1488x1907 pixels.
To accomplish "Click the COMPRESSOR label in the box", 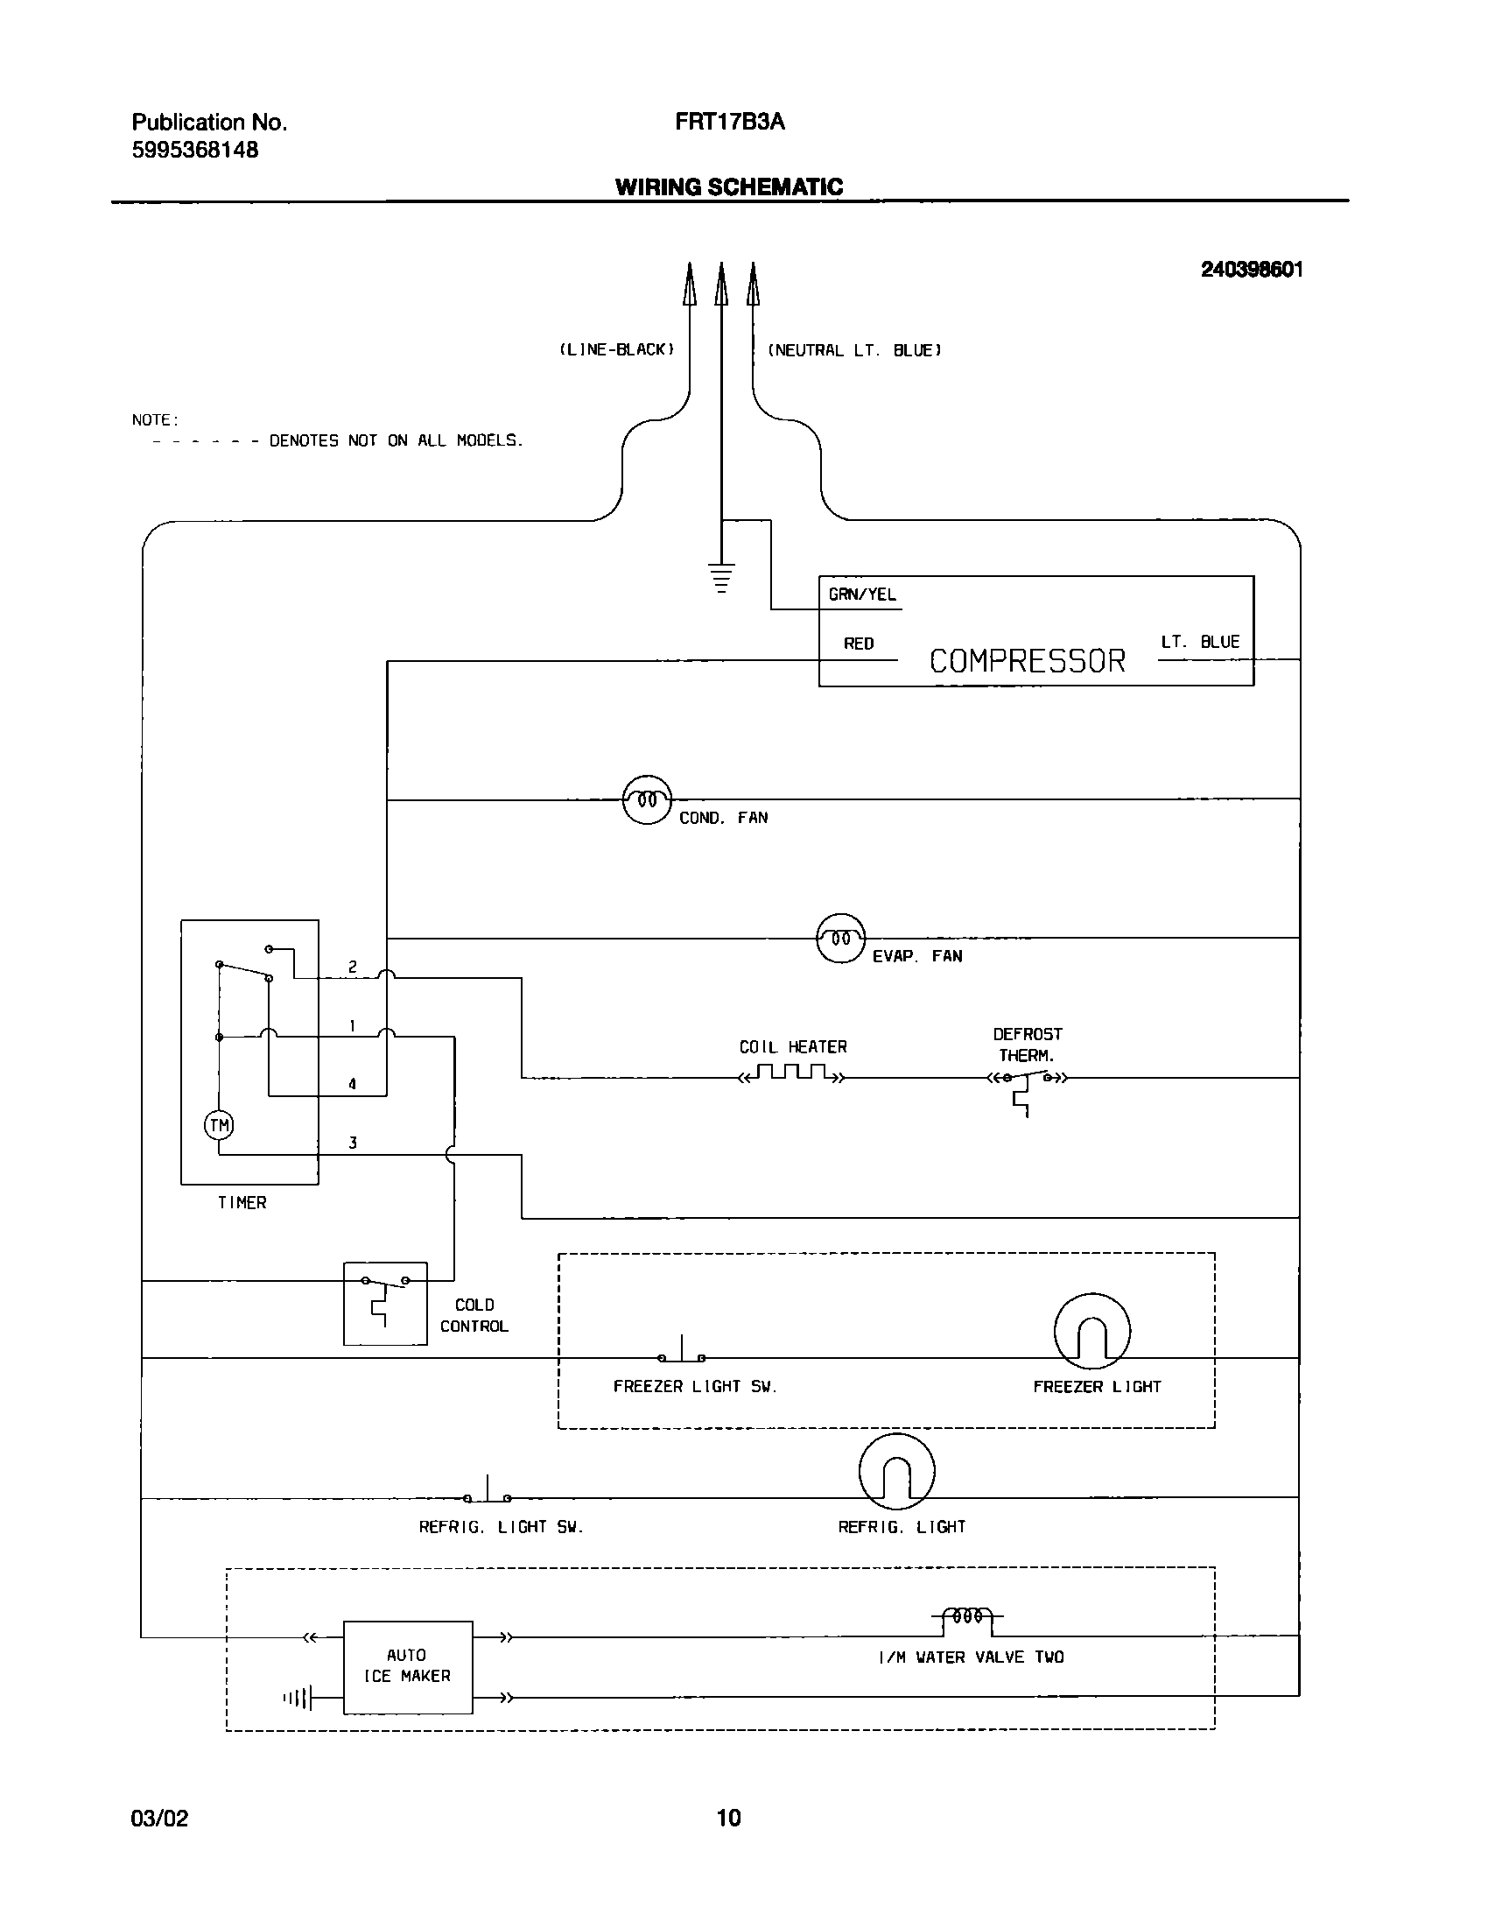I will click(1027, 661).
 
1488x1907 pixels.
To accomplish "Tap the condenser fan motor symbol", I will click(647, 799).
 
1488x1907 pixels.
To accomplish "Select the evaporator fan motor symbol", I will click(840, 939).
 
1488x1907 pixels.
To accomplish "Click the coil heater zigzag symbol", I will click(793, 1073).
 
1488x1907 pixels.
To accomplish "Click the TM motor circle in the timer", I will click(219, 1125).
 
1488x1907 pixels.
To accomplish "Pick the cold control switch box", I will click(385, 1304).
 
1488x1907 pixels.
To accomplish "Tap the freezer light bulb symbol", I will click(1091, 1331).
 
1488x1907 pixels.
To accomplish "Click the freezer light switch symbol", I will click(682, 1354).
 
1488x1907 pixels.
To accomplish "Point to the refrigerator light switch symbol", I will click(488, 1493).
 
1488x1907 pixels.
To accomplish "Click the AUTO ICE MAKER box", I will click(407, 1667).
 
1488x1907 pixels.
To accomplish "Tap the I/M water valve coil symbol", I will click(967, 1617).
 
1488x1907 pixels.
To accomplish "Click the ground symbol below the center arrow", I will click(720, 579).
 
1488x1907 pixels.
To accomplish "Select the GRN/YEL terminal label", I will click(862, 595).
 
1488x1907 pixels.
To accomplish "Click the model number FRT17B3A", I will click(729, 123).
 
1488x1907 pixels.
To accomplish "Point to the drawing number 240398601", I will click(1251, 270).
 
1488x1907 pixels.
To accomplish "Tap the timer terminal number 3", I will click(353, 1143).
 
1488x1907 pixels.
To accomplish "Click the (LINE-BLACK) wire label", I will click(617, 349).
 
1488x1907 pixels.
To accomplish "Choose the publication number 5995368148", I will click(195, 150).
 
